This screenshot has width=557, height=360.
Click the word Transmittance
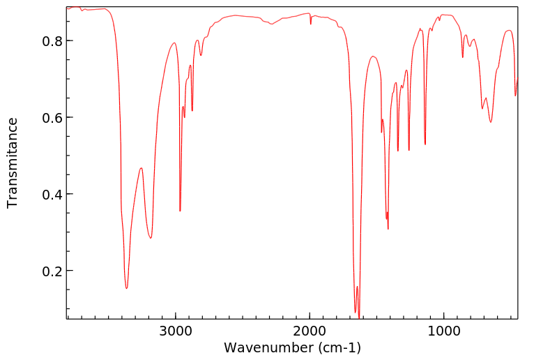13,163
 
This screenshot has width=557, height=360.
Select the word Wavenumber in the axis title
268,347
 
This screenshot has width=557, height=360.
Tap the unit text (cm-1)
337,347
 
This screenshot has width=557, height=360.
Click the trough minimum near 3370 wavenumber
126,288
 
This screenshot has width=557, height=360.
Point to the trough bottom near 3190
151,238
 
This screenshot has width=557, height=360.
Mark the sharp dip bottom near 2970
180,211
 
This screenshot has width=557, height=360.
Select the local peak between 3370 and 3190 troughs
141,168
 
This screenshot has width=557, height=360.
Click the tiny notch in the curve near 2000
311,23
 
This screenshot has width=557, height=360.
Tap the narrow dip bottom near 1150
425,144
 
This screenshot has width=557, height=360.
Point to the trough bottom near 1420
388,228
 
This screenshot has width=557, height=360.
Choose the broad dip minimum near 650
491,122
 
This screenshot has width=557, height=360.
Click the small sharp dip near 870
463,57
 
